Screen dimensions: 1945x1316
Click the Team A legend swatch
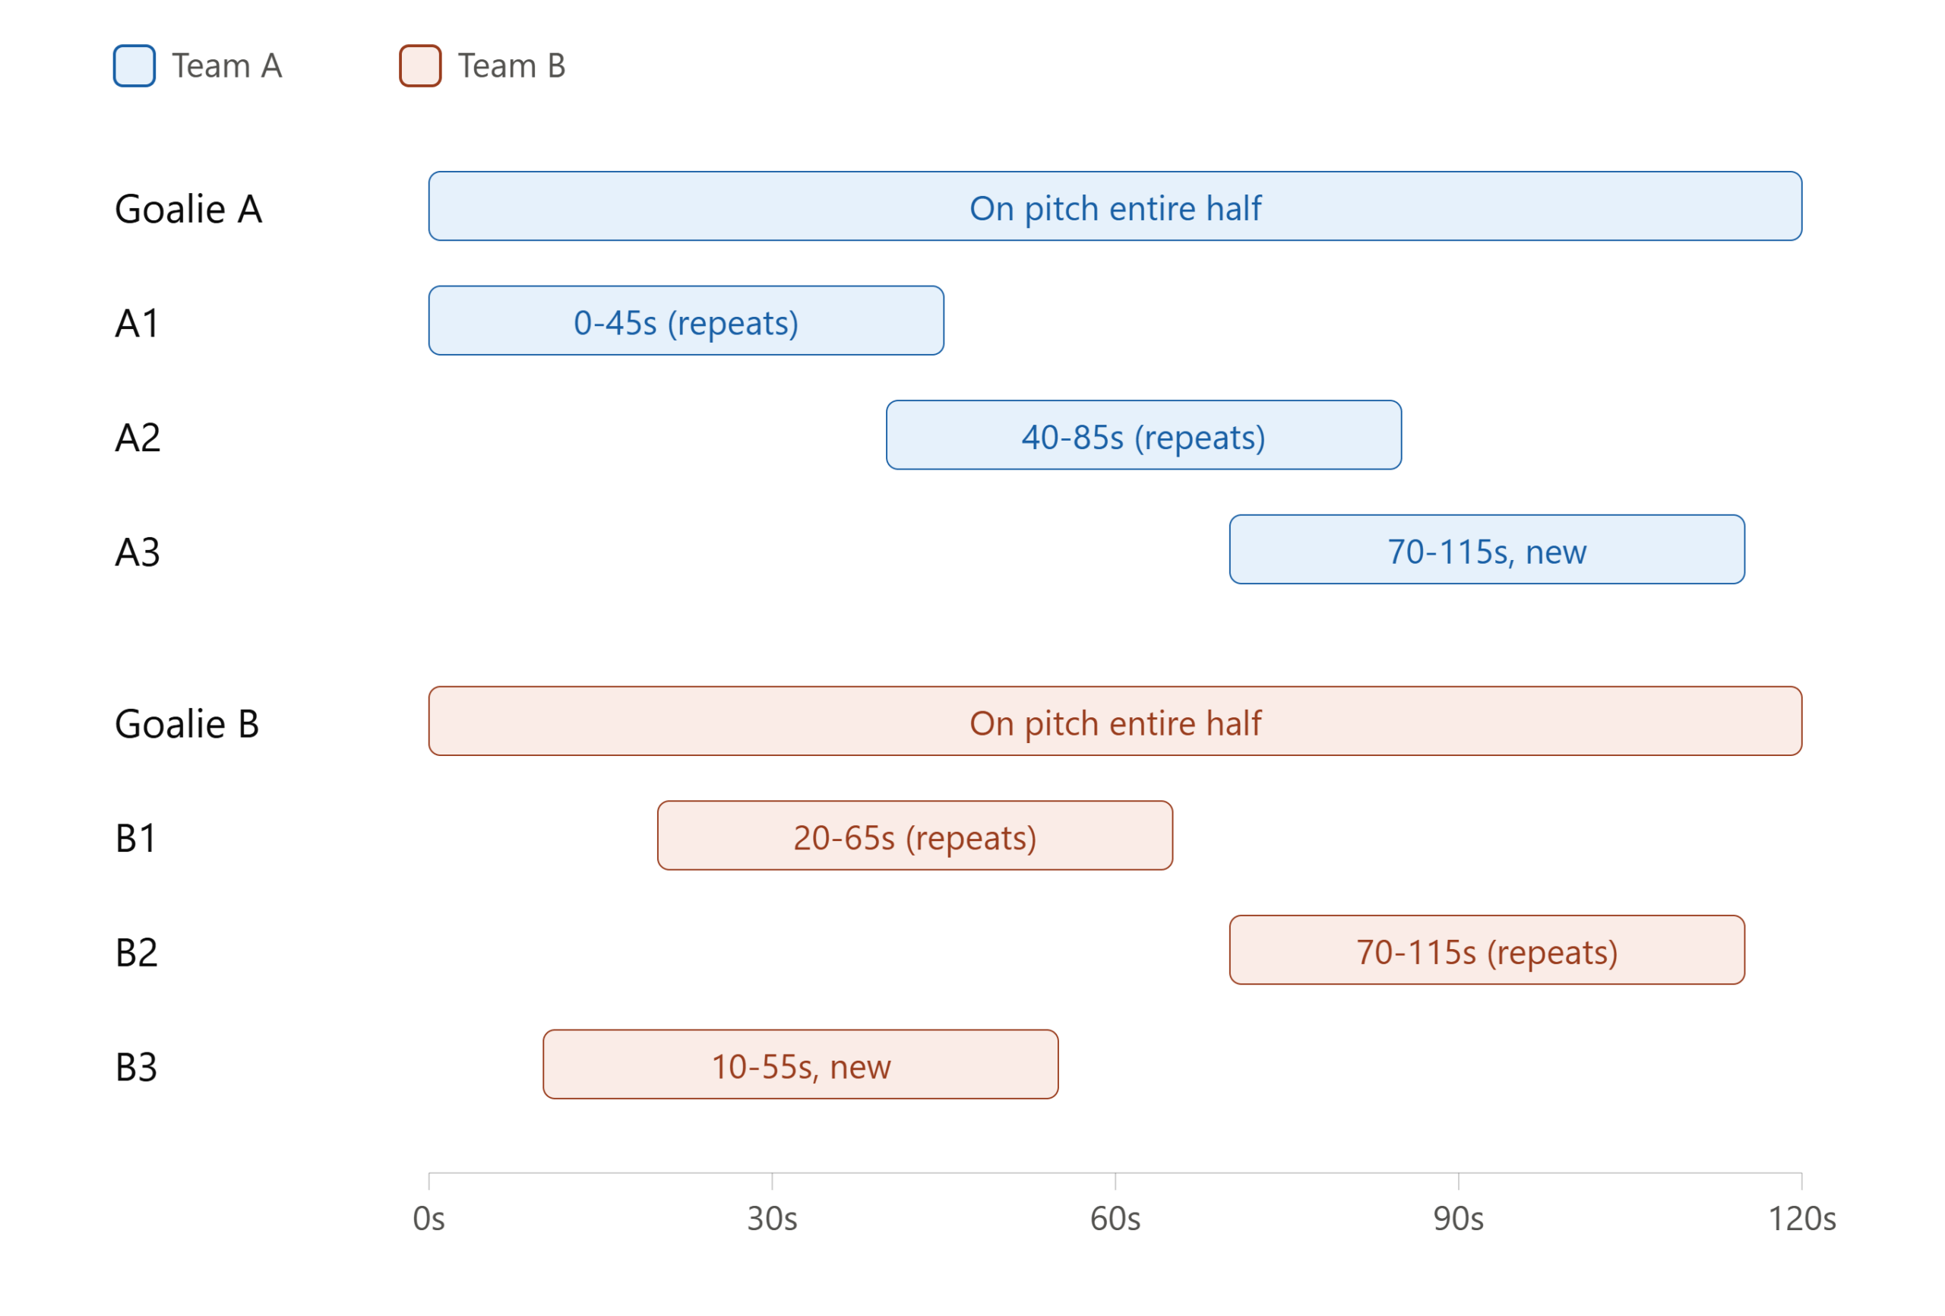coord(134,65)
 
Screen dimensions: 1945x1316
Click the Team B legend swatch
coord(420,65)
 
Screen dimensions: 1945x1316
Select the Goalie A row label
coord(188,208)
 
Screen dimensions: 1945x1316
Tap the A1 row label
coord(138,323)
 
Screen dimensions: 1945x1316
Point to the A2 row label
coord(138,438)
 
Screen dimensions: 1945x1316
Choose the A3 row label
coord(138,552)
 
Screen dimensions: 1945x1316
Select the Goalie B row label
coord(187,723)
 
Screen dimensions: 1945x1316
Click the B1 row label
coord(135,838)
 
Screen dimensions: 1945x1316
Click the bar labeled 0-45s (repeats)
coord(686,321)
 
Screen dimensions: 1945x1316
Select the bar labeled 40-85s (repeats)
coord(1144,435)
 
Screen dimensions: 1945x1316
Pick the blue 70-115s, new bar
coord(1487,549)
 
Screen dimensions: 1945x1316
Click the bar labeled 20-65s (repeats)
coord(915,836)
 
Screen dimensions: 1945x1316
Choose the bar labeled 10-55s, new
coord(801,1064)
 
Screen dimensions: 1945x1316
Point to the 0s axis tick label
coord(429,1219)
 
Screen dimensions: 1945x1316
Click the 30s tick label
coord(773,1219)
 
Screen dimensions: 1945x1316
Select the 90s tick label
coord(1459,1219)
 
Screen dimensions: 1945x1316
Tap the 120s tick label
coord(1802,1219)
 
